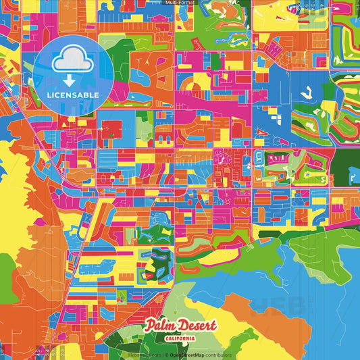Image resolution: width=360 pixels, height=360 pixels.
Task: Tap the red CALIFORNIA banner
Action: pos(180,337)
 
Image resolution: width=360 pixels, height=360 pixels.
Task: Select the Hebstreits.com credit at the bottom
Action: pos(145,355)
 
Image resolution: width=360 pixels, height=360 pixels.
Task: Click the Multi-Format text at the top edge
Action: pos(180,3)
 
